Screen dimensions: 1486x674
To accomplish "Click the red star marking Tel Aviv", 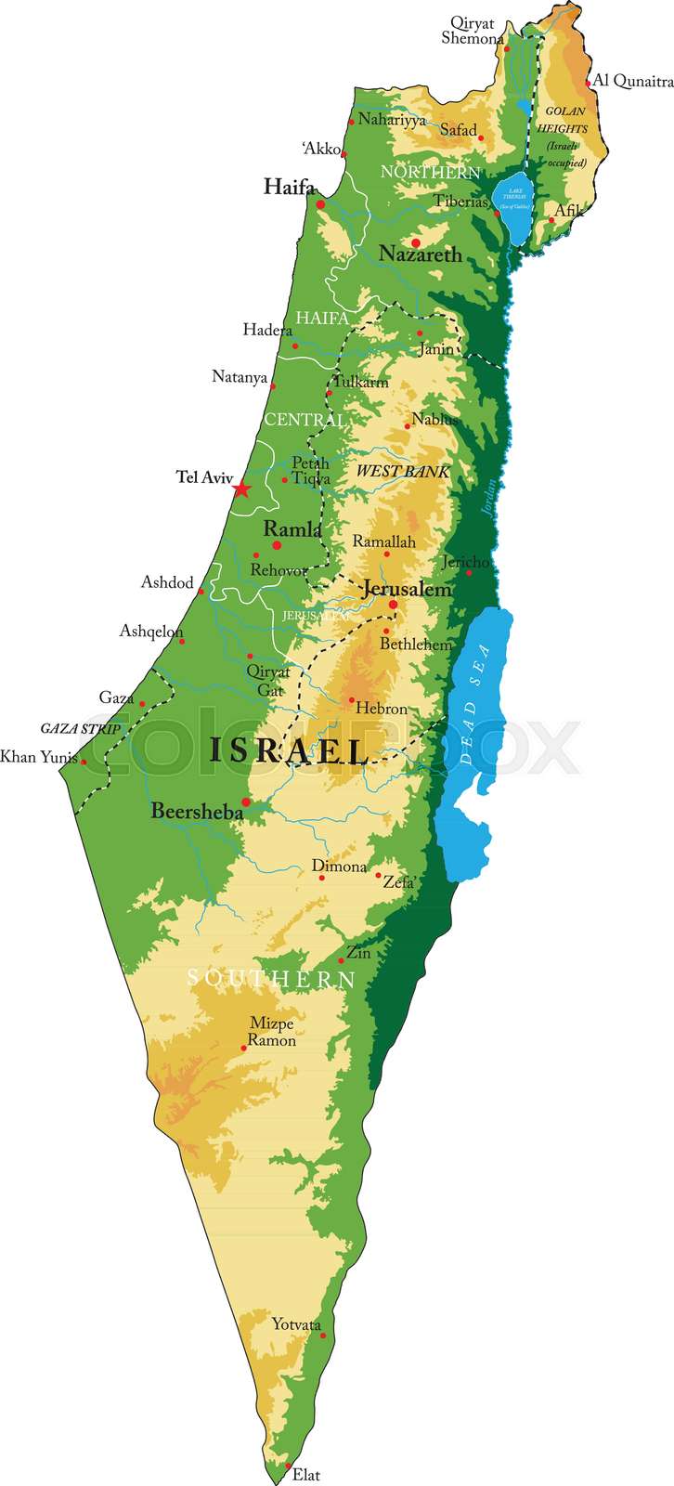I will tap(241, 489).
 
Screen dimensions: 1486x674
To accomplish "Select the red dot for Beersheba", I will tap(246, 802).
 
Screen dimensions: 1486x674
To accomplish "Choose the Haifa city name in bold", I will tap(289, 186).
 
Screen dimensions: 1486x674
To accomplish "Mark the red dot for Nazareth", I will tap(416, 243).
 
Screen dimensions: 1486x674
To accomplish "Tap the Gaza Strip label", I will tap(80, 729).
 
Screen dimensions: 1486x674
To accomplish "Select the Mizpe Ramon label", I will tap(272, 1032).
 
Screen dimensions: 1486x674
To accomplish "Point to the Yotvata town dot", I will tap(323, 1336).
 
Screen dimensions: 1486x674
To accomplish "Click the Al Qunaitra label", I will tap(633, 82).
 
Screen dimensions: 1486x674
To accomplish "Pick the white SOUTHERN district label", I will tap(271, 978).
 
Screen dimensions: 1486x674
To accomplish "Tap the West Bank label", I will tap(403, 472).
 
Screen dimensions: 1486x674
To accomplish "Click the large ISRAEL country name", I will tap(288, 750).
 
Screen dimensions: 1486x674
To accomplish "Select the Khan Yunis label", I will tap(38, 757).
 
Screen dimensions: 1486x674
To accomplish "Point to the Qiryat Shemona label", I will tap(473, 30).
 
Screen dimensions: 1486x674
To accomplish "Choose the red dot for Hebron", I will tap(351, 700).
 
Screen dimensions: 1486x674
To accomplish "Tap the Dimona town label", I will tap(339, 867).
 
